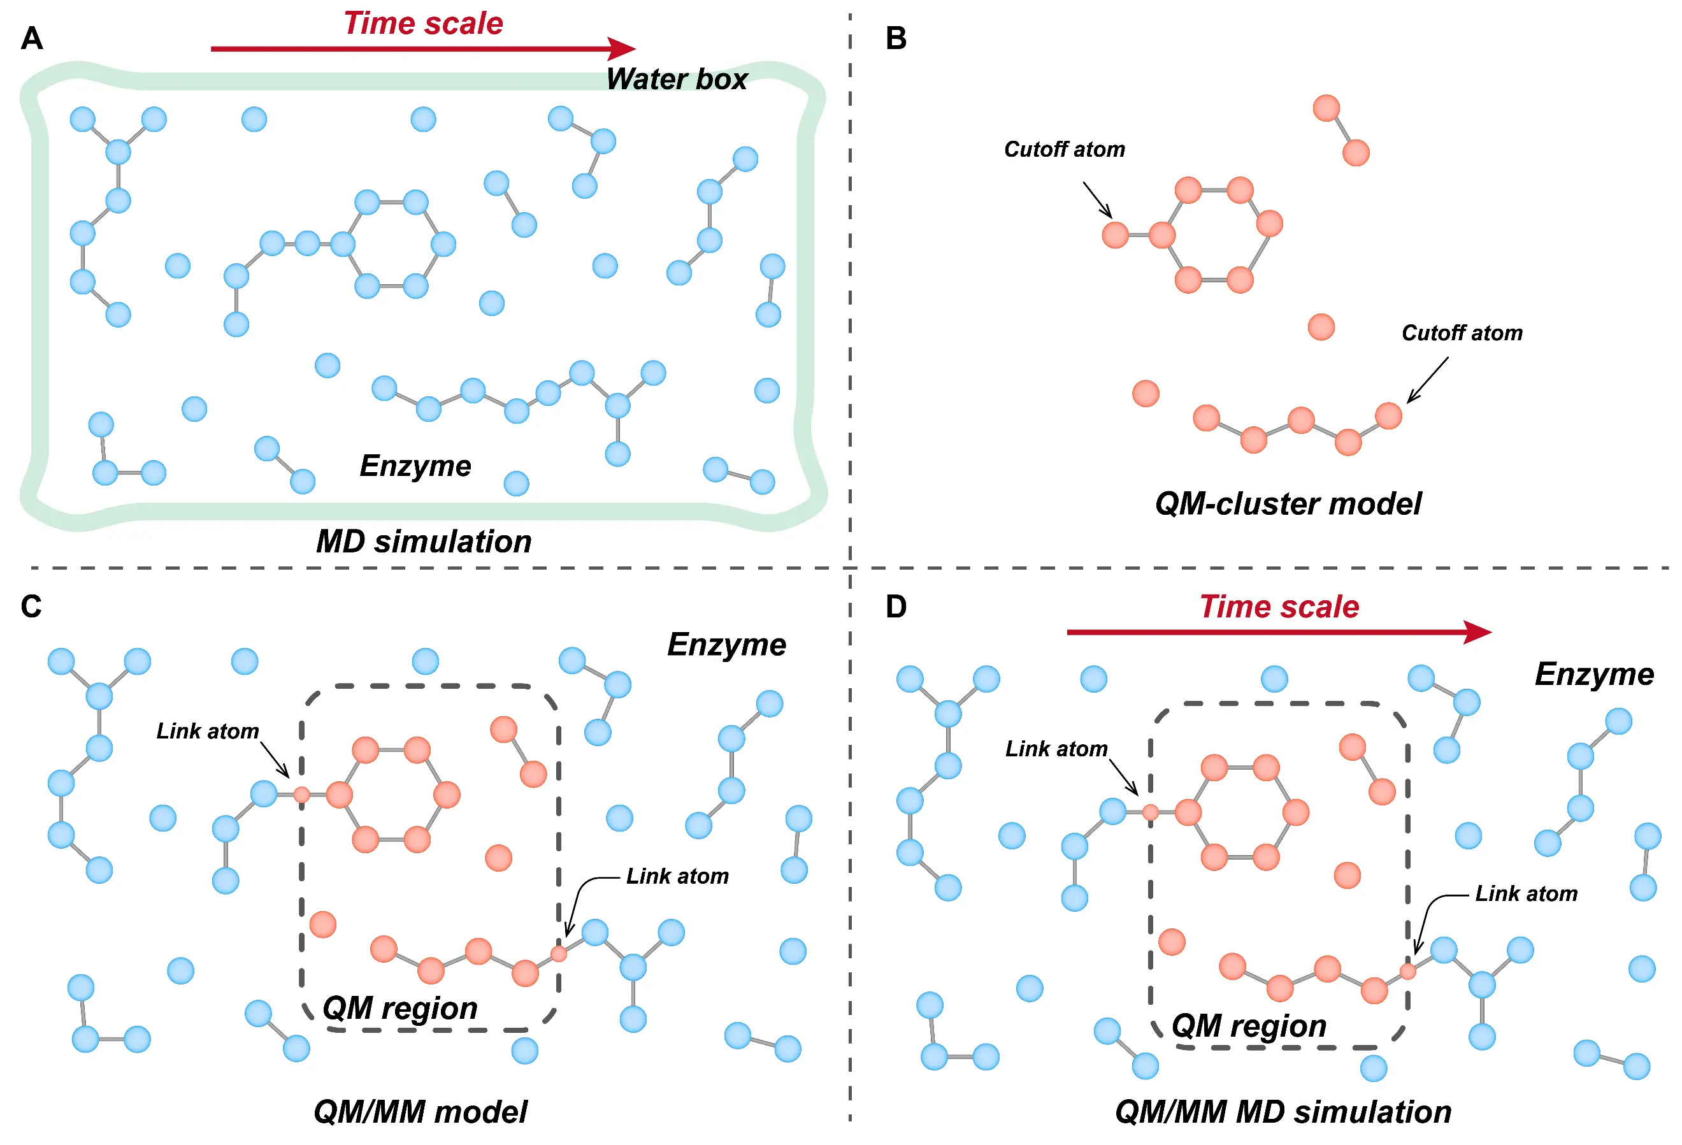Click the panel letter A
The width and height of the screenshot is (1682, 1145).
(x=31, y=38)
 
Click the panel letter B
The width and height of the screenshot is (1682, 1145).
(x=895, y=38)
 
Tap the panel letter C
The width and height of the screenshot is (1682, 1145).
(x=31, y=607)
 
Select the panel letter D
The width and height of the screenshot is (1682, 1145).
(x=895, y=607)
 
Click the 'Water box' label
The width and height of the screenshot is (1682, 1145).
(x=676, y=79)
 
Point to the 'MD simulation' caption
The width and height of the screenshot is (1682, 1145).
(x=424, y=542)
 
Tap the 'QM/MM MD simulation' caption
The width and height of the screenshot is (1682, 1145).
(x=1283, y=1112)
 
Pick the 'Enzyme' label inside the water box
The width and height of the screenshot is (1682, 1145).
(x=415, y=465)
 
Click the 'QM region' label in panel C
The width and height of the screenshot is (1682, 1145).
(x=399, y=1007)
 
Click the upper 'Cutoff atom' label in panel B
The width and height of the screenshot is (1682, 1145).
(x=1064, y=149)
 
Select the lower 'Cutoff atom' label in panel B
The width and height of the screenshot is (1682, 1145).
(x=1462, y=333)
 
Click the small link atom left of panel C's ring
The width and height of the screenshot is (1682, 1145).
(x=302, y=795)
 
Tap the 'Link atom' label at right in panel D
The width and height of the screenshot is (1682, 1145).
(x=1526, y=894)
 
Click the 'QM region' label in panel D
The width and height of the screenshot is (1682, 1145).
(x=1249, y=1026)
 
